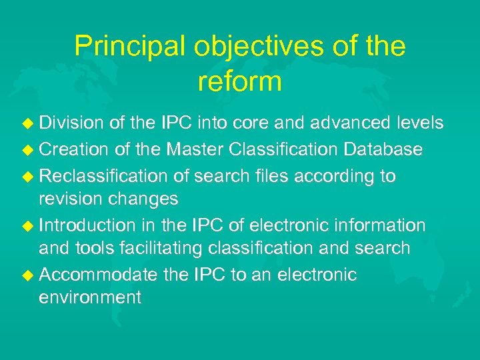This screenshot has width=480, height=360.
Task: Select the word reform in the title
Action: [x=240, y=81]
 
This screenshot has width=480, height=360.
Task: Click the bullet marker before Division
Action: [x=28, y=123]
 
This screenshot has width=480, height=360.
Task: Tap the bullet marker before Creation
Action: [x=28, y=149]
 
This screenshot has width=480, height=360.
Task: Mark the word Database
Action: [x=383, y=149]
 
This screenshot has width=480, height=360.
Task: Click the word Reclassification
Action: [x=104, y=176]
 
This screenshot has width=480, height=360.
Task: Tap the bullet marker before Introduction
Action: [x=28, y=225]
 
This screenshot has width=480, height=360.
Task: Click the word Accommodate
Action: [x=99, y=275]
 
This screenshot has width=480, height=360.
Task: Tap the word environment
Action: [x=90, y=297]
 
